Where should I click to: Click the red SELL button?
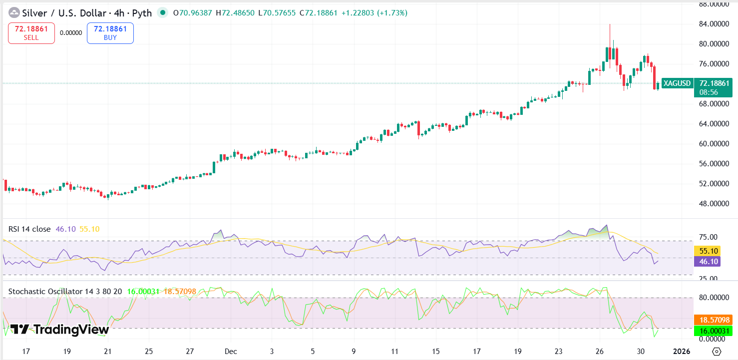31,33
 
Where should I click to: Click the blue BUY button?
110,33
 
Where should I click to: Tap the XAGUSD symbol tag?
677,83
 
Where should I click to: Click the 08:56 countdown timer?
709,92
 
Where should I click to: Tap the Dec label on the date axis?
231,351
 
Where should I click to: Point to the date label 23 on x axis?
559,351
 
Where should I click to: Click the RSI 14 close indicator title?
29,229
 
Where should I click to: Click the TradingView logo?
59,330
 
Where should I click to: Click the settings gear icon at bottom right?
717,351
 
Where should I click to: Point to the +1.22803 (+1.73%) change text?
374,13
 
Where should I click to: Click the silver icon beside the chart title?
14,13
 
